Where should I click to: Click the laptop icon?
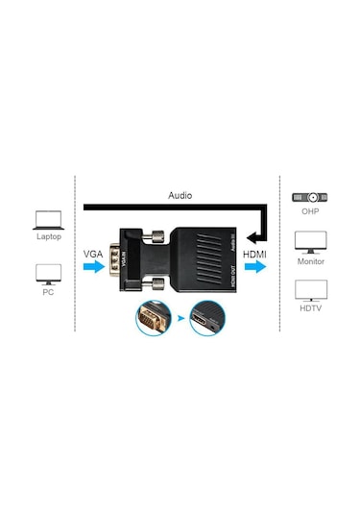point(47,218)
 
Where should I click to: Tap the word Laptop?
point(48,235)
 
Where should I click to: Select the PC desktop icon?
point(47,274)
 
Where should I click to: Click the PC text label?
point(47,292)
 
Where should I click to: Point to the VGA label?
point(94,254)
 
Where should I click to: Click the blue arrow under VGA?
point(94,270)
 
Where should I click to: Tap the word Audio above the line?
point(180,196)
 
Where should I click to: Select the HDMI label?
point(255,254)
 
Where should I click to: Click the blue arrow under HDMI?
point(256,270)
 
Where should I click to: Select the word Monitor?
point(309,261)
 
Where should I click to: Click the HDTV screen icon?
point(309,288)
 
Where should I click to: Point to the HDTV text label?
point(309,307)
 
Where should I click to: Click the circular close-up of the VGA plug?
point(153,318)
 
